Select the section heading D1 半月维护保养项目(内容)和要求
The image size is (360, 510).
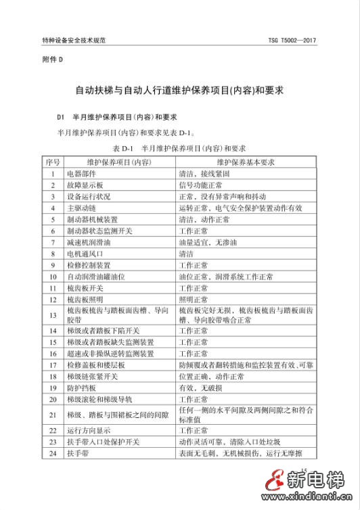[x=111, y=116]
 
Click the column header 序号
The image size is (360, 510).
[x=53, y=162]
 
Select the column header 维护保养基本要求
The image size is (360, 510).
[x=245, y=162]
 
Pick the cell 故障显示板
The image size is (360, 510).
[x=85, y=185]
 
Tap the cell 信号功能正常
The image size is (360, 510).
[x=200, y=185]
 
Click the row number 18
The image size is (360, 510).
[x=53, y=377]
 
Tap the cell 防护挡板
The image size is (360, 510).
[x=82, y=388]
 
